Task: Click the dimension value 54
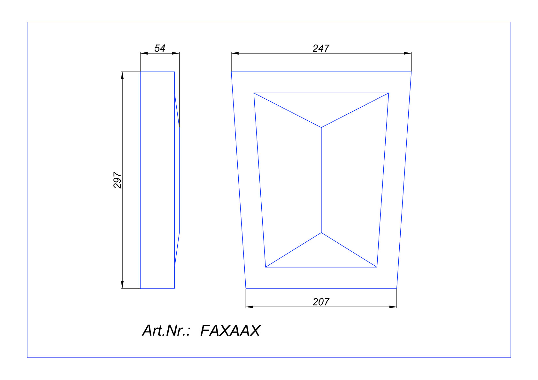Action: pos(160,48)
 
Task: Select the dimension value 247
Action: pos(321,49)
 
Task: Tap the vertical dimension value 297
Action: pos(117,180)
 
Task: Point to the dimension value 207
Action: pos(321,302)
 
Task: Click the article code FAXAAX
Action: pos(230,331)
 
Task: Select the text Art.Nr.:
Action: pos(166,331)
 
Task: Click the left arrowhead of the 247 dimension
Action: pos(235,53)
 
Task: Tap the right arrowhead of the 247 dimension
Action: pos(408,53)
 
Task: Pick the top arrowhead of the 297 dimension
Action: pos(122,75)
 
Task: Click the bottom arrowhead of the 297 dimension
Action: pos(122,285)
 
